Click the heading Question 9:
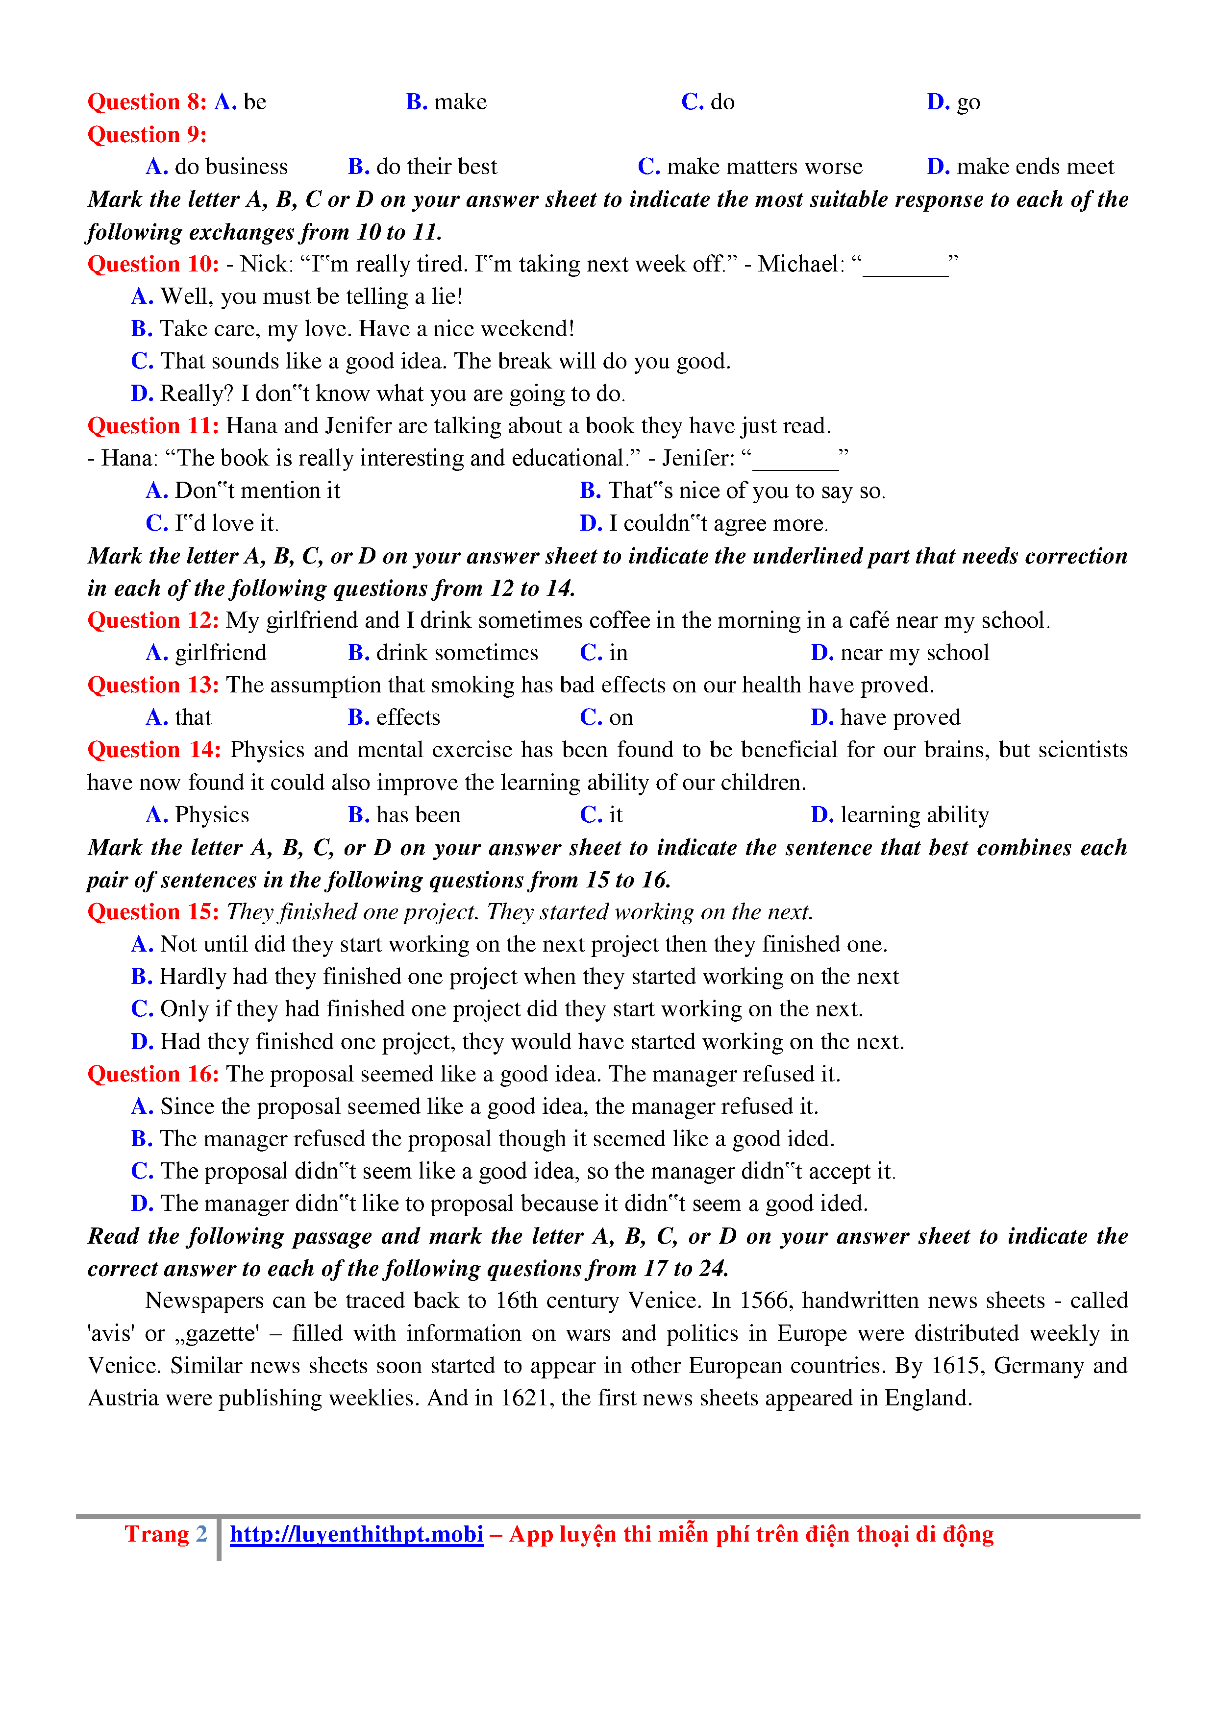(147, 135)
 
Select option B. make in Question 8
(447, 102)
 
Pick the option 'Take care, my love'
(352, 329)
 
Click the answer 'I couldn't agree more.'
(703, 523)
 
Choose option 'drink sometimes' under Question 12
(443, 653)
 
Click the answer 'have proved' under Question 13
(885, 718)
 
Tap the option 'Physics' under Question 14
(198, 815)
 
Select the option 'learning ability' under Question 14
(899, 815)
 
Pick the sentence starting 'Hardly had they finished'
(515, 977)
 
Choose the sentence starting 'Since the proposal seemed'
(475, 1106)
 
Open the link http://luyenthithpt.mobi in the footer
(356, 1534)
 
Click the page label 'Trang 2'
(166, 1534)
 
